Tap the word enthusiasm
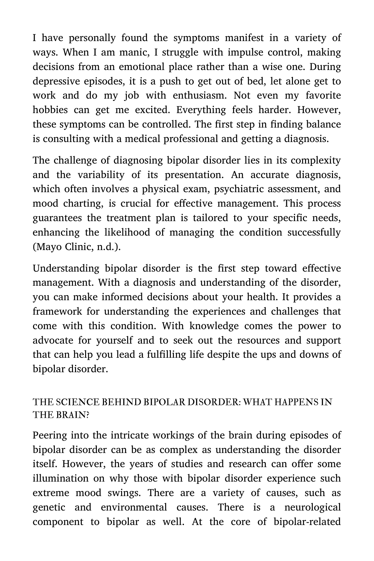[x=200, y=96]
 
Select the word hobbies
[x=50, y=110]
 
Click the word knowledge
[x=214, y=326]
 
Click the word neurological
[x=312, y=507]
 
